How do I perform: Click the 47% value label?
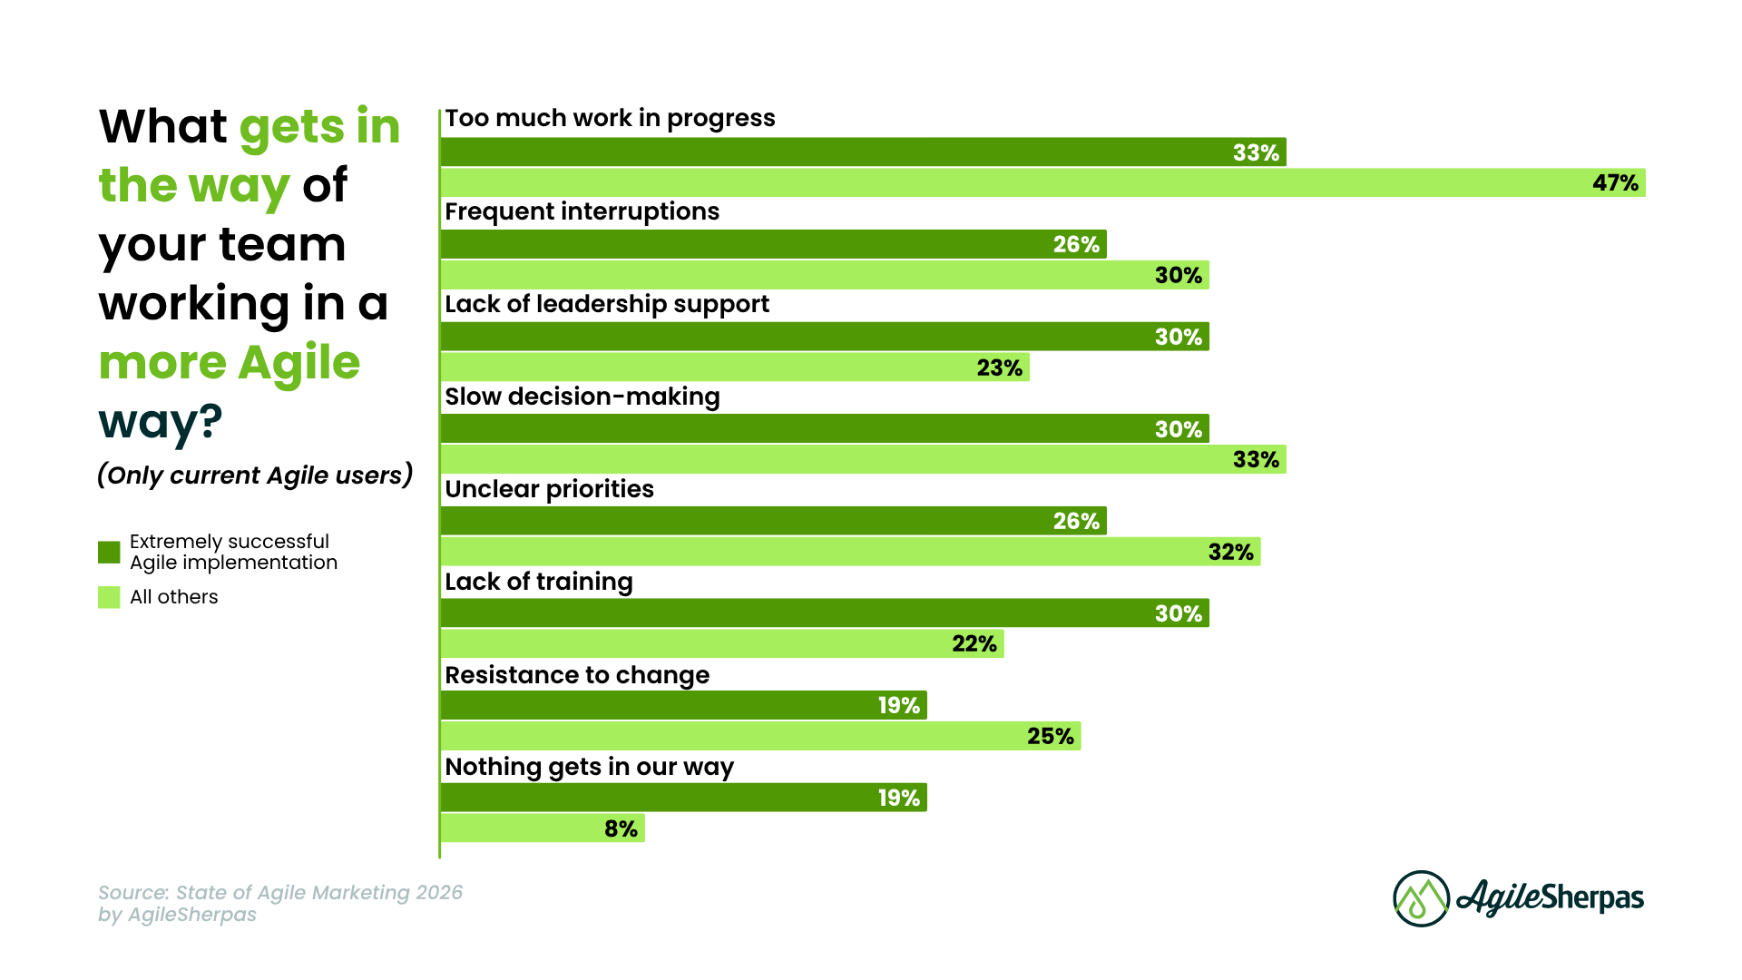click(1615, 183)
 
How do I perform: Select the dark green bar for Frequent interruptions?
click(773, 244)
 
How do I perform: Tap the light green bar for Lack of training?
click(722, 644)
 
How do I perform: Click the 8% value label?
click(621, 828)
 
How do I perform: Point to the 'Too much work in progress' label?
click(610, 118)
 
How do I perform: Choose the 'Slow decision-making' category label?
click(582, 397)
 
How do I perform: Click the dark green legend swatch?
click(109, 552)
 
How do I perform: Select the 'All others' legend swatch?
click(109, 597)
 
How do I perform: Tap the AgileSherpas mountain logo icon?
click(1421, 898)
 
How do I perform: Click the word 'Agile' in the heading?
click(298, 363)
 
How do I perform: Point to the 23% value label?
click(999, 367)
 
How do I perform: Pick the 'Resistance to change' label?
click(577, 675)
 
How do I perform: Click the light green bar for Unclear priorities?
click(850, 552)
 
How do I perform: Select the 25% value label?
click(1050, 736)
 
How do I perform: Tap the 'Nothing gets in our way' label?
click(589, 767)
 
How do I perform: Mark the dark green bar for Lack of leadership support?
click(824, 337)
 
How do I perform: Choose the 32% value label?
click(1230, 552)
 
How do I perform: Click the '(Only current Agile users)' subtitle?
click(255, 475)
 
